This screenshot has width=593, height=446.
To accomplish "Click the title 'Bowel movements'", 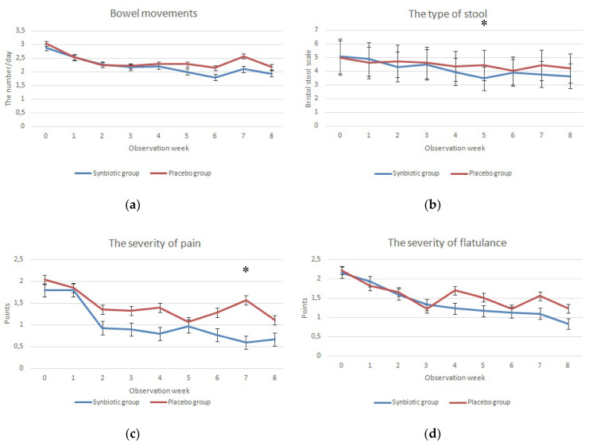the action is pos(153,14).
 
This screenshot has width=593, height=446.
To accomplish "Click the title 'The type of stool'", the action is pos(448,14).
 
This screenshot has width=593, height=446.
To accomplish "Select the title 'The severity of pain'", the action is pos(155,243).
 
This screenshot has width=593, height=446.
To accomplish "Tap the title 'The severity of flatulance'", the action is pos(447,242).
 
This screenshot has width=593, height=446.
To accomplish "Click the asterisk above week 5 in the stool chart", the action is pos(484,24).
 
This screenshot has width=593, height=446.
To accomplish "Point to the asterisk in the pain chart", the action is pos(246,270).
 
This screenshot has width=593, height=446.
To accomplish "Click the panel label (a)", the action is pos(133,205).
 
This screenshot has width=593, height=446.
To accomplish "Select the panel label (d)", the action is pos(432,434).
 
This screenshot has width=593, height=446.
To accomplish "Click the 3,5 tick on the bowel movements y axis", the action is pos(21,30).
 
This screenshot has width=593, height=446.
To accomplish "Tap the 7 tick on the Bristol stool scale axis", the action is pos(316,29).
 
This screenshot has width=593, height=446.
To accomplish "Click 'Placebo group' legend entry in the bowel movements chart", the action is pos(180,173).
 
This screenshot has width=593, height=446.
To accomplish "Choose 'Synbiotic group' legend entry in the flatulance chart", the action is pos(406,402).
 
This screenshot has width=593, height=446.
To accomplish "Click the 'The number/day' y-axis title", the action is pos(8,79).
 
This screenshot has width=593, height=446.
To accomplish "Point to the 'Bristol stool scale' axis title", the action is pos(308,79).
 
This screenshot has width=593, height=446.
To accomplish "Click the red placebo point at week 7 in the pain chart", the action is pos(246,301).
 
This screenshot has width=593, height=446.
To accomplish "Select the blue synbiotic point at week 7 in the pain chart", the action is pos(246,343).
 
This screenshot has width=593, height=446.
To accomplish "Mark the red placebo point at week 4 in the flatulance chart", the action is pos(455,290).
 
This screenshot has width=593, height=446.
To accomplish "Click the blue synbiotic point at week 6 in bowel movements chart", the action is pos(215,77).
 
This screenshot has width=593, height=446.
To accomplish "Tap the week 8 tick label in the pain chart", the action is pos(274,378).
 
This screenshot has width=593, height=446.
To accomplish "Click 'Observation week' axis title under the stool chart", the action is pos(455,149).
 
